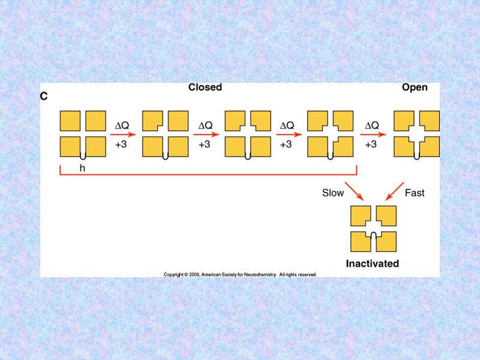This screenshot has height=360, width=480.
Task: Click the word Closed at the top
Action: [205, 88]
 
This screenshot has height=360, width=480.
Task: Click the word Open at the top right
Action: [415, 88]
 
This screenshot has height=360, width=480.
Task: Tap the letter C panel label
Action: [44, 96]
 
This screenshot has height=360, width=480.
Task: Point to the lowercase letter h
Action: [83, 169]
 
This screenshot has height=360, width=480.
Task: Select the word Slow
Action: [333, 193]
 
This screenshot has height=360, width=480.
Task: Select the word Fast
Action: [415, 193]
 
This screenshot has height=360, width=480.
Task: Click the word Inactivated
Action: [373, 263]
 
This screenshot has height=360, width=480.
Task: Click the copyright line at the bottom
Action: [240, 274]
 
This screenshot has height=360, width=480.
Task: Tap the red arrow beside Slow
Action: [355, 191]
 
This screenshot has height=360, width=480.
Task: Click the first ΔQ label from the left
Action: [122, 125]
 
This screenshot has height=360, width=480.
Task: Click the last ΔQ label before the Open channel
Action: [372, 125]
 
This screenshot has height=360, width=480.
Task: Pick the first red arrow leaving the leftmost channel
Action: [123, 134]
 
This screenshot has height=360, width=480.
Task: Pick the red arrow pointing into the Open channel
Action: [373, 134]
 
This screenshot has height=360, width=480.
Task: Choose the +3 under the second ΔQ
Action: [205, 144]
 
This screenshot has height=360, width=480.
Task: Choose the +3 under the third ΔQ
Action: [286, 144]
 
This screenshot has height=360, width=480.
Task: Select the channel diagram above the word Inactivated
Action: [374, 229]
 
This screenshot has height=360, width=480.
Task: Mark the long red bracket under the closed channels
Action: [208, 175]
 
